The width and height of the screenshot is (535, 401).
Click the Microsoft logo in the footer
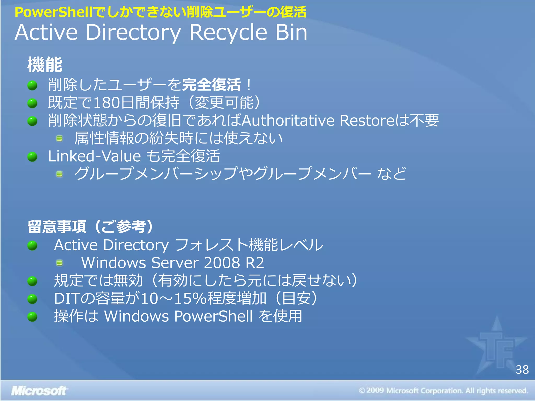coord(39,391)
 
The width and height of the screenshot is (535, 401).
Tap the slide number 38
coord(522,370)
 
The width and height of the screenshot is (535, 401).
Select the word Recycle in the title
coord(228,33)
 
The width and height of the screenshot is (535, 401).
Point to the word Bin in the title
coord(291,33)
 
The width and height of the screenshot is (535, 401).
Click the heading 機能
coord(45,64)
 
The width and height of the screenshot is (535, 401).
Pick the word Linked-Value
coord(95,156)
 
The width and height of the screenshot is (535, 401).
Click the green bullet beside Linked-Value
coord(32,157)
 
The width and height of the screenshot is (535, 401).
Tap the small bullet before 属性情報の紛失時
coord(60,138)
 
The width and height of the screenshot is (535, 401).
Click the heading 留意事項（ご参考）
coord(90,226)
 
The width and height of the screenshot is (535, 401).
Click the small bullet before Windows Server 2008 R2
coord(60,263)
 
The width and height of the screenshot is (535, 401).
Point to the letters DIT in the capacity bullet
coord(67,298)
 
